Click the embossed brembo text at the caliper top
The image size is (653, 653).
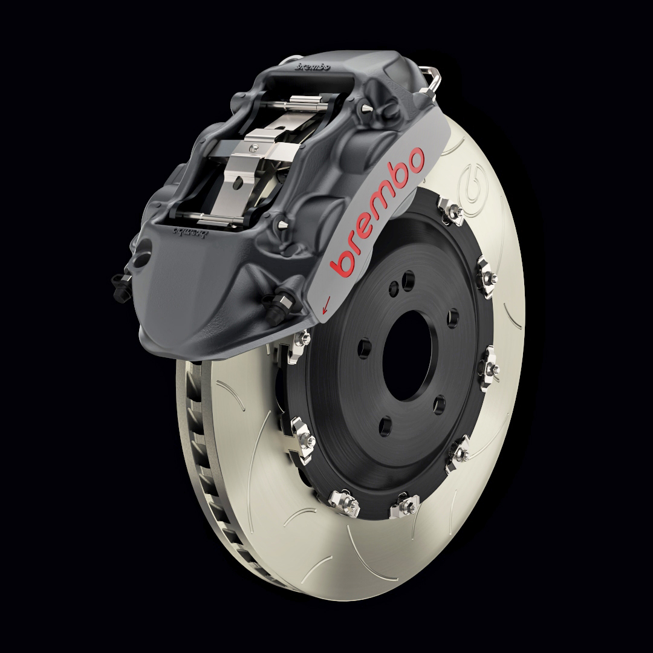312,67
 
